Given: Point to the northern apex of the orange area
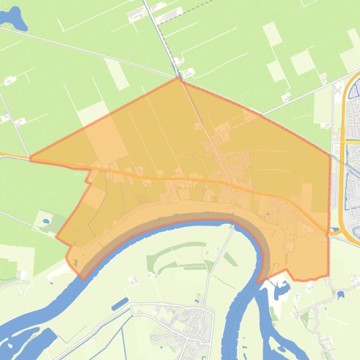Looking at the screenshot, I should pyautogui.click(x=179, y=78).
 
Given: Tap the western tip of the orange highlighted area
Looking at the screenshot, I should pyautogui.click(x=30, y=158).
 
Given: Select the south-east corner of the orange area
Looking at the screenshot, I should pyautogui.click(x=328, y=276).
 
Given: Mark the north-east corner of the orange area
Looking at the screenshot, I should pyautogui.click(x=330, y=155).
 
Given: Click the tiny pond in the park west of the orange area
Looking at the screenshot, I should pyautogui.click(x=46, y=220).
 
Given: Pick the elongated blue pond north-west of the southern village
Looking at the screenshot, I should pyautogui.click(x=120, y=303).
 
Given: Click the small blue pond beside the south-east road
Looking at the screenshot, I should pyautogui.click(x=340, y=295).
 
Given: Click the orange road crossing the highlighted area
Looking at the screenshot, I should pyautogui.click(x=187, y=178).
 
